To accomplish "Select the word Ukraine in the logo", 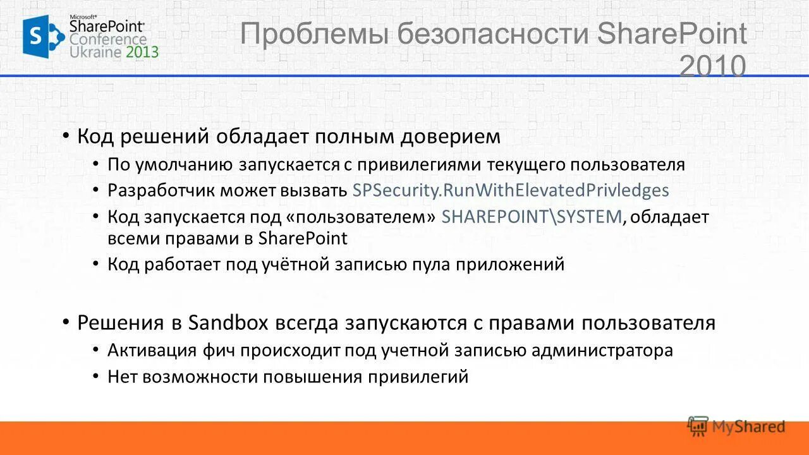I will point(95,52).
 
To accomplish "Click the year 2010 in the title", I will point(712,66).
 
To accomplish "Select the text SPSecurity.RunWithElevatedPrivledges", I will point(510,190).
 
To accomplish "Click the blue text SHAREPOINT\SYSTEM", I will point(532,217).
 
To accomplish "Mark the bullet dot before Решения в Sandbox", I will point(66,322).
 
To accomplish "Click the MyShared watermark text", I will point(748,427).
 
